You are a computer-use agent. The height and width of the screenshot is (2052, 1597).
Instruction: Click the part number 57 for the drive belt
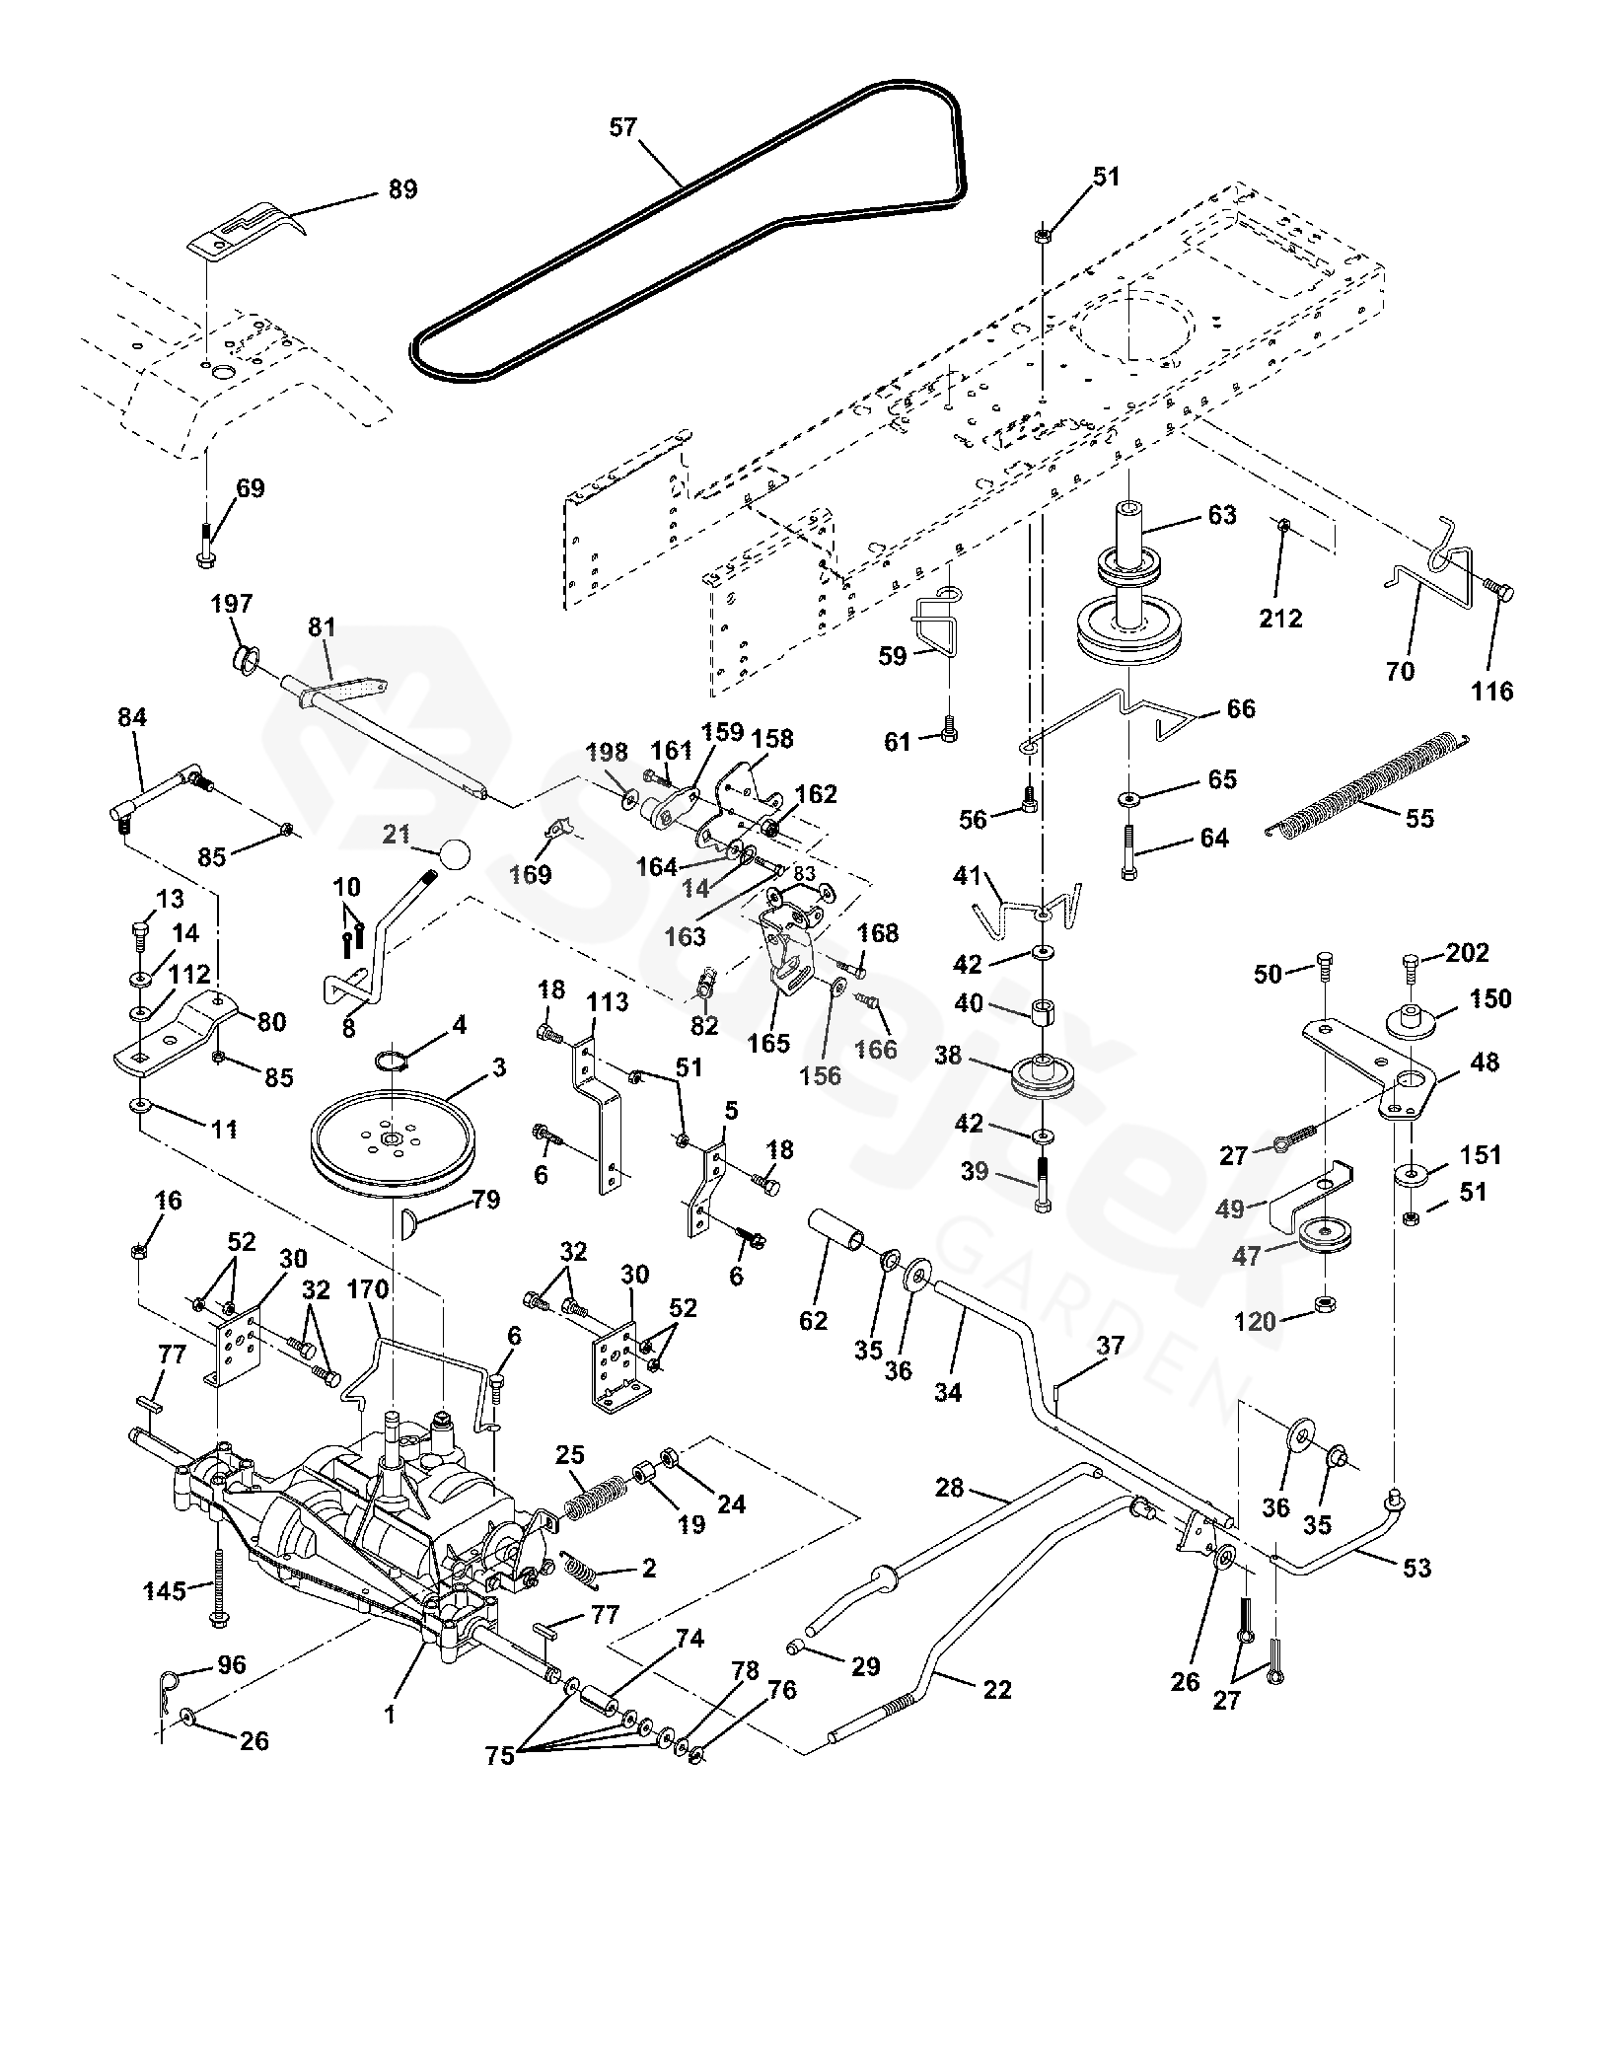point(624,128)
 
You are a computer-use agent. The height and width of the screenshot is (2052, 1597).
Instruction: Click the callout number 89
point(402,188)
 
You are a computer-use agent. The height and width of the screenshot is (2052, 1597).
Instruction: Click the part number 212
point(1281,619)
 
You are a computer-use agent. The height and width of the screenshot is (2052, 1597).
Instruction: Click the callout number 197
point(232,604)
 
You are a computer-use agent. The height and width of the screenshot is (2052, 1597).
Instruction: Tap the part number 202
point(1467,953)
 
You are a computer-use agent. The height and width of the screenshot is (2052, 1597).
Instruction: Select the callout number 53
point(1416,1568)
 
